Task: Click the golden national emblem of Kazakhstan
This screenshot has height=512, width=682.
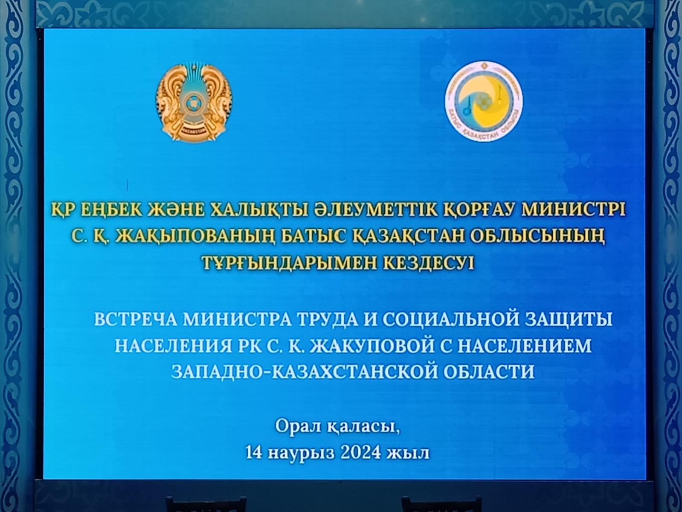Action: coord(194,102)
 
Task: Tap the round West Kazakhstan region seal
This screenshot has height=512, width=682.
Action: coord(484,101)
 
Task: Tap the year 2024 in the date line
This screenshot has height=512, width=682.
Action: coord(360,453)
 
